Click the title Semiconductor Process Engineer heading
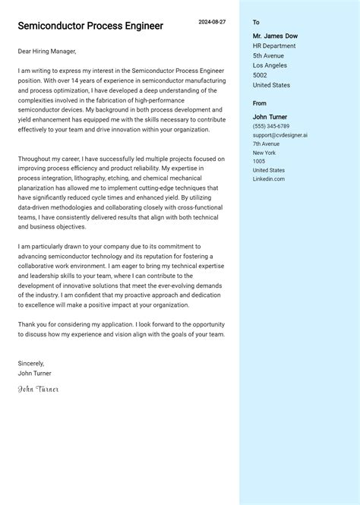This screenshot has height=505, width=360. pyautogui.click(x=90, y=26)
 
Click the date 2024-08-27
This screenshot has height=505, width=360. pyautogui.click(x=212, y=22)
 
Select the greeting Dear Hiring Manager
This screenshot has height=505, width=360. pyautogui.click(x=47, y=51)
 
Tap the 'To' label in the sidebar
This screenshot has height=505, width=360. pyautogui.click(x=256, y=23)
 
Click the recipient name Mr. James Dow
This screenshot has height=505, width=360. pyautogui.click(x=275, y=36)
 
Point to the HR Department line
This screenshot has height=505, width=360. pyautogui.click(x=274, y=46)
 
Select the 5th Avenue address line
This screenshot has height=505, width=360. pyautogui.click(x=268, y=55)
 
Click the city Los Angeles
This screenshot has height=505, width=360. pyautogui.click(x=270, y=65)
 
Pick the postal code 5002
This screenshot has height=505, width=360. pyautogui.click(x=260, y=75)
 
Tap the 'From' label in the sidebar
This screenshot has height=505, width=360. pyautogui.click(x=260, y=103)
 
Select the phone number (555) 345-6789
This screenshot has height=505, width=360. pyautogui.click(x=271, y=126)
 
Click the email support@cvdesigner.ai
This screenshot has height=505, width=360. pyautogui.click(x=280, y=135)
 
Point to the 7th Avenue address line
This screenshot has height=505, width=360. pyautogui.click(x=266, y=144)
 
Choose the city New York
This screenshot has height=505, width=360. pyautogui.click(x=264, y=153)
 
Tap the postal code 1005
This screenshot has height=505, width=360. pyautogui.click(x=259, y=161)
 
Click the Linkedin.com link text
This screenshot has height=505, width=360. pyautogui.click(x=269, y=178)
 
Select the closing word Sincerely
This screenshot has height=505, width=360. pyautogui.click(x=31, y=364)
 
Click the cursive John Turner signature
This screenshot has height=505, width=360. pyautogui.click(x=38, y=390)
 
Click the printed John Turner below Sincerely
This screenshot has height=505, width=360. pyautogui.click(x=35, y=374)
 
